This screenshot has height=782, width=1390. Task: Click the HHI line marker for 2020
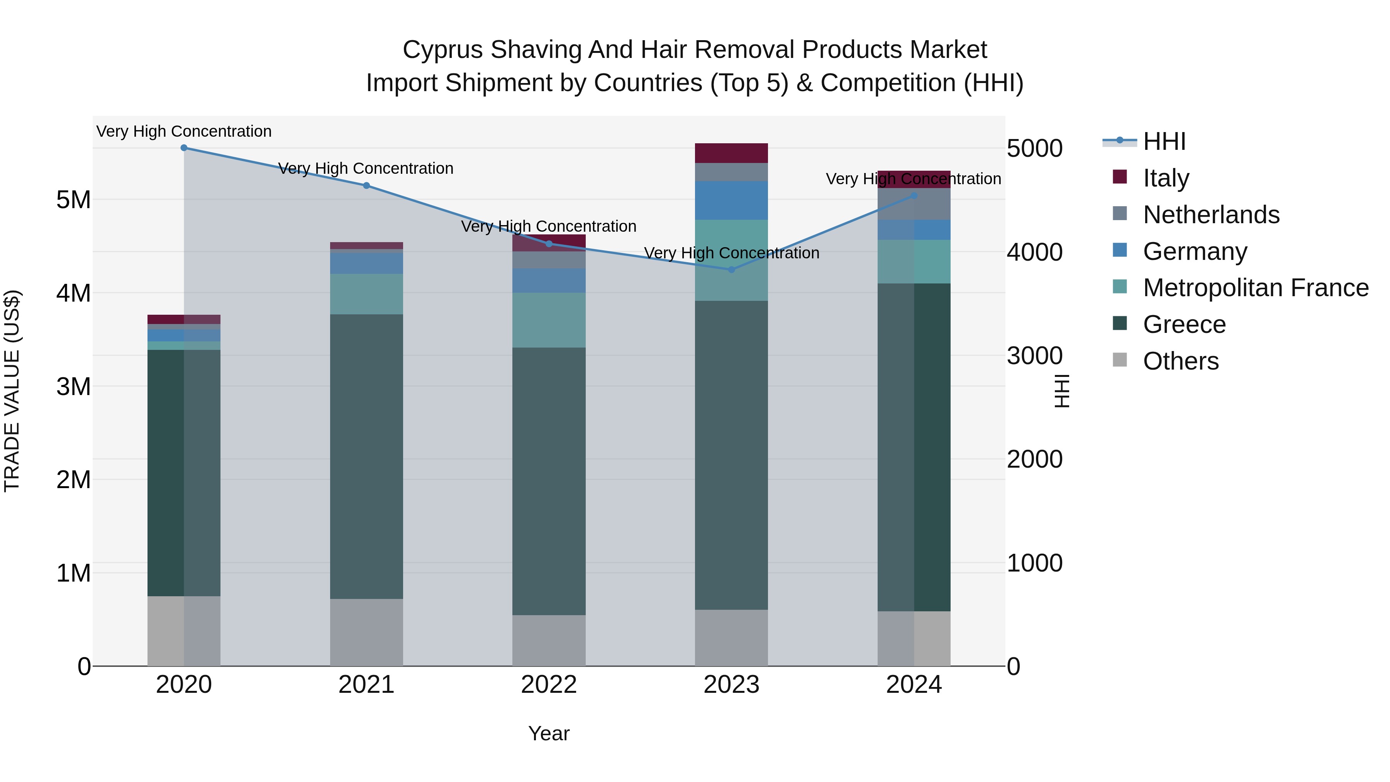click(184, 148)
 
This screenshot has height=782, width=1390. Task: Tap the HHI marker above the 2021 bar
click(366, 186)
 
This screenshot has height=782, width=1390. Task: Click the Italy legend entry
click(1166, 178)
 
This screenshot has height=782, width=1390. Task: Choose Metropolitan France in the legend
click(1256, 288)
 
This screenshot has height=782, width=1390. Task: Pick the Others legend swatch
click(1120, 360)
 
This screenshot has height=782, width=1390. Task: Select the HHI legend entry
click(1164, 141)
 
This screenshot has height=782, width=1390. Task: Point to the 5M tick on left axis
click(73, 200)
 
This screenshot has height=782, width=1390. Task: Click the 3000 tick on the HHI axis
click(1034, 356)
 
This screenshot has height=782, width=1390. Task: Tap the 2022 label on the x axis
click(549, 685)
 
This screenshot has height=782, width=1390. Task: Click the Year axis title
click(549, 733)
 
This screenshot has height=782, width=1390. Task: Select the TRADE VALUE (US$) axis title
click(12, 391)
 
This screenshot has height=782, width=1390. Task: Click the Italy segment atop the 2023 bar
click(731, 153)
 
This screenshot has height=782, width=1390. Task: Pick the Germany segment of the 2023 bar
click(731, 200)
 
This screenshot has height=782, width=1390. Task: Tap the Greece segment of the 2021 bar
click(366, 456)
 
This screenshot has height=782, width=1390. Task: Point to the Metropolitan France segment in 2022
click(549, 320)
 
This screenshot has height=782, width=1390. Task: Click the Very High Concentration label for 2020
click(184, 132)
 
